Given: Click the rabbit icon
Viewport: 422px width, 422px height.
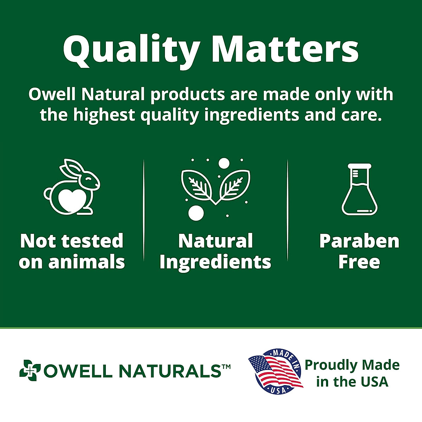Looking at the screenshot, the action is (x=72, y=187).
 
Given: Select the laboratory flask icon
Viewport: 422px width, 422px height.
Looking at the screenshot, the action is (x=359, y=189).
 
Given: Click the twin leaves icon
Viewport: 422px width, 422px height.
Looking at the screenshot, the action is (x=216, y=187).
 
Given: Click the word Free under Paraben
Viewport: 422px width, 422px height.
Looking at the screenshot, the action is (x=359, y=262).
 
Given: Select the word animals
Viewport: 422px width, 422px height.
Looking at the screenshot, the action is (x=87, y=262).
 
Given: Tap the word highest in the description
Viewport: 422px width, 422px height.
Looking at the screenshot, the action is (x=104, y=115).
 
